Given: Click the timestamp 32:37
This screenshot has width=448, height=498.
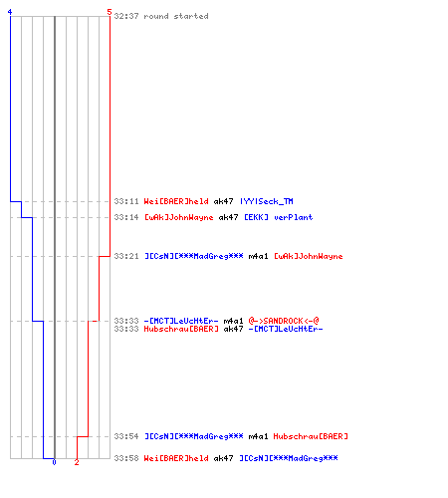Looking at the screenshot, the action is point(126,16).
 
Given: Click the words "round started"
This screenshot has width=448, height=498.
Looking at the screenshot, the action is point(176,16).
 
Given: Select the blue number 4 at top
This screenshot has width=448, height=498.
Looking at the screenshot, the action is point(10,12).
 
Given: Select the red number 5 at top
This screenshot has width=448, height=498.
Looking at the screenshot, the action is point(110,12).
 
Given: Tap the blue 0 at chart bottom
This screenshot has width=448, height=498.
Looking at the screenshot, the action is point(54,462).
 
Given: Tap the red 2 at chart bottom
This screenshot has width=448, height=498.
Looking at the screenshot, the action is point(77,462).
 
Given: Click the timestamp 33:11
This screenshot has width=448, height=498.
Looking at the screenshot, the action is point(126,201).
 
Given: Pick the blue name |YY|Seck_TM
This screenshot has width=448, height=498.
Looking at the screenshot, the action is point(267,201).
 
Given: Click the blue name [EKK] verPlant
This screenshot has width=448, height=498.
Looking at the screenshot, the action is point(279,217).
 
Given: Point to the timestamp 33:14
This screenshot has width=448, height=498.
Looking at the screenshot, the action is point(126,217).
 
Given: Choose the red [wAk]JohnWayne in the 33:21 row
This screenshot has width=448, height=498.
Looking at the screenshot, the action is point(309,256).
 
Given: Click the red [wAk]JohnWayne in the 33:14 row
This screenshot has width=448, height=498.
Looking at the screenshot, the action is point(178,217).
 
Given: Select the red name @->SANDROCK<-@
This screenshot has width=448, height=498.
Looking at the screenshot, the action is point(284,321).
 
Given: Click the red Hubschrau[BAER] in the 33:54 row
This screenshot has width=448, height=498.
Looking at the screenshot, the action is point(311,436).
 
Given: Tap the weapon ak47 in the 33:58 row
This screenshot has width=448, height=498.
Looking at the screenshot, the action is point(223,458).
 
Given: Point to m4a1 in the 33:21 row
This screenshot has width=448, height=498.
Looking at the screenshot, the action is point(258,256).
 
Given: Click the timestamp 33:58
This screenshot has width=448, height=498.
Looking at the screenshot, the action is point(126,458).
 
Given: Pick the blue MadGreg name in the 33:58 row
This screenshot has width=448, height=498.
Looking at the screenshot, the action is point(289,458).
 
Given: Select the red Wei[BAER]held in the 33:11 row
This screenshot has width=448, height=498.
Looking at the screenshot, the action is point(176,201).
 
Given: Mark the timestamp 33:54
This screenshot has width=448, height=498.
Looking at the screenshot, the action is point(126,436).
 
